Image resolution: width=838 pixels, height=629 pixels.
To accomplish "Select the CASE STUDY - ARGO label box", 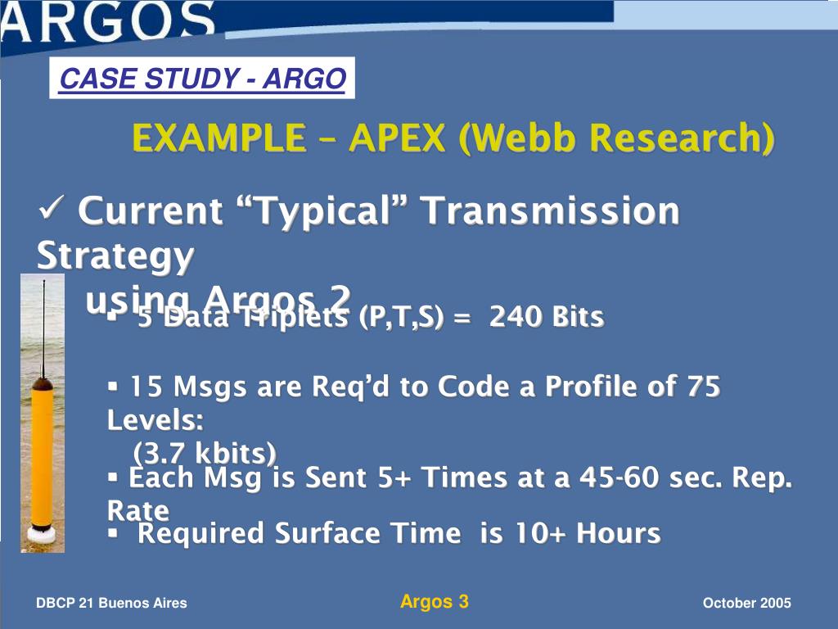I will coord(202,79).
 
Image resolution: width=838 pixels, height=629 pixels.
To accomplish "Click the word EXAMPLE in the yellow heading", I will coord(215,138).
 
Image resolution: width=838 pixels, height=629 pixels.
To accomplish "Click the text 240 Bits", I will coord(547,316).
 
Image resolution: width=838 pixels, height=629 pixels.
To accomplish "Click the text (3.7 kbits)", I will coord(205,452).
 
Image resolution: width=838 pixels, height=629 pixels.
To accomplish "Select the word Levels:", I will coord(155,420).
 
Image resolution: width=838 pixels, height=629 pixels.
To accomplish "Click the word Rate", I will coord(137,510).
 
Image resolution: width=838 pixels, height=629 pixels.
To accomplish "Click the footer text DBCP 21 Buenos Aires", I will coord(111,604).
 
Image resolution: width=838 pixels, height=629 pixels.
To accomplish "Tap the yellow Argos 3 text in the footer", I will coord(434,602).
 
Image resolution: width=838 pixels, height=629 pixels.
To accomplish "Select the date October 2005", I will coord(746,604).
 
